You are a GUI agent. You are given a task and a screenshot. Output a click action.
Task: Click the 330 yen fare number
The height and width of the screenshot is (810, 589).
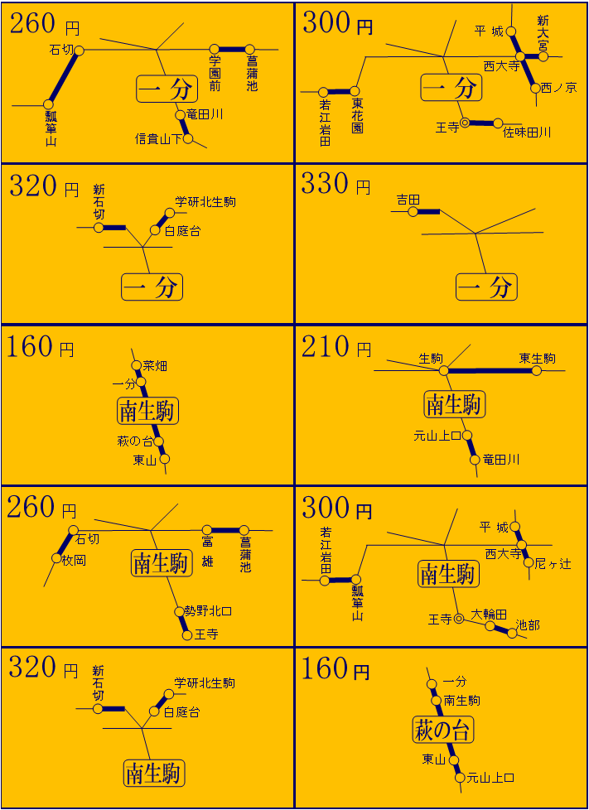pos(321,185)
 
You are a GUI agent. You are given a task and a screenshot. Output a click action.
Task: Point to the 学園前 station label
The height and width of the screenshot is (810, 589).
pos(215,74)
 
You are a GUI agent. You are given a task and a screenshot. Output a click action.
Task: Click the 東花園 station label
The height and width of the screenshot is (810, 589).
pos(357,116)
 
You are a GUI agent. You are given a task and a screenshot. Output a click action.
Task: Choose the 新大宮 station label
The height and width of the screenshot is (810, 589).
pos(543,33)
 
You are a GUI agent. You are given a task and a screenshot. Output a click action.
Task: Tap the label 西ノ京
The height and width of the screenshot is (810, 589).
pos(559,88)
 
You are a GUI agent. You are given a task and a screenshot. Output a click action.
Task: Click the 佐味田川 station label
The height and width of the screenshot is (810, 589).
pos(527,133)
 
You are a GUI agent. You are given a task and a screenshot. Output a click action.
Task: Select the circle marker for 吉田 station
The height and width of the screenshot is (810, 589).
pos(413,211)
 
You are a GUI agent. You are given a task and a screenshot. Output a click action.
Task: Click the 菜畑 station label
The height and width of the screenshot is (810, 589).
pos(154,366)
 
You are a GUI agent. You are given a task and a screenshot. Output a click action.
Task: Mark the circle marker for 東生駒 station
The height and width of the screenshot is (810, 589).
pos(536,370)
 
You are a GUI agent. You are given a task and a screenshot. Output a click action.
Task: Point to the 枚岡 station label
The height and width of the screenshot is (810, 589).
pos(74,560)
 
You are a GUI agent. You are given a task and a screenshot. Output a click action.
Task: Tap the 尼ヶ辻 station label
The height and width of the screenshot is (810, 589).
pos(553,563)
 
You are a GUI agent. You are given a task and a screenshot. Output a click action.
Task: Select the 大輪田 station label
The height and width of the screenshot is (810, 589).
pos(489,615)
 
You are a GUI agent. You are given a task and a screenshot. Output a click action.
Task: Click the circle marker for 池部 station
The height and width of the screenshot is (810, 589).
pos(512,634)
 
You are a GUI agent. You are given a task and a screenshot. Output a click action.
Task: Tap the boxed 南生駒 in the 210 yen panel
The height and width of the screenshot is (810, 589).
pos(455,404)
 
